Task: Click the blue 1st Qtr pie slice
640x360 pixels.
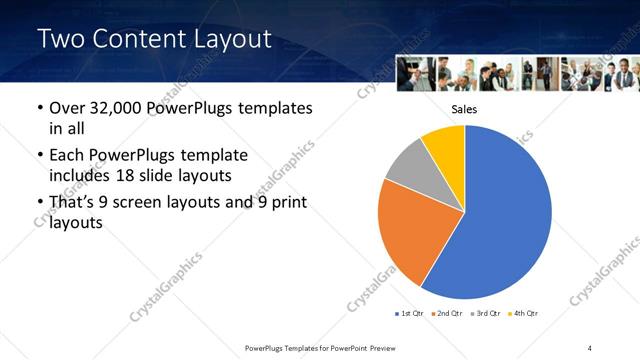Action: pyautogui.click(x=505, y=215)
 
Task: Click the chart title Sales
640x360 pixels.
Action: pyautogui.click(x=463, y=109)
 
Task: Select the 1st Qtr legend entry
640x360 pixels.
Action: pyautogui.click(x=410, y=314)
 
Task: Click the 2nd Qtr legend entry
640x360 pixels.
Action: pyautogui.click(x=447, y=314)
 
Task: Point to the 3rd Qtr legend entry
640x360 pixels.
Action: pyautogui.click(x=485, y=314)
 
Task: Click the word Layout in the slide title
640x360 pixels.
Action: pyautogui.click(x=227, y=39)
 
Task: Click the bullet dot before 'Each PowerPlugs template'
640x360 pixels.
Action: pyautogui.click(x=39, y=156)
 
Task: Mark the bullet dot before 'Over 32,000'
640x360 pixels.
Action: pyautogui.click(x=39, y=108)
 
